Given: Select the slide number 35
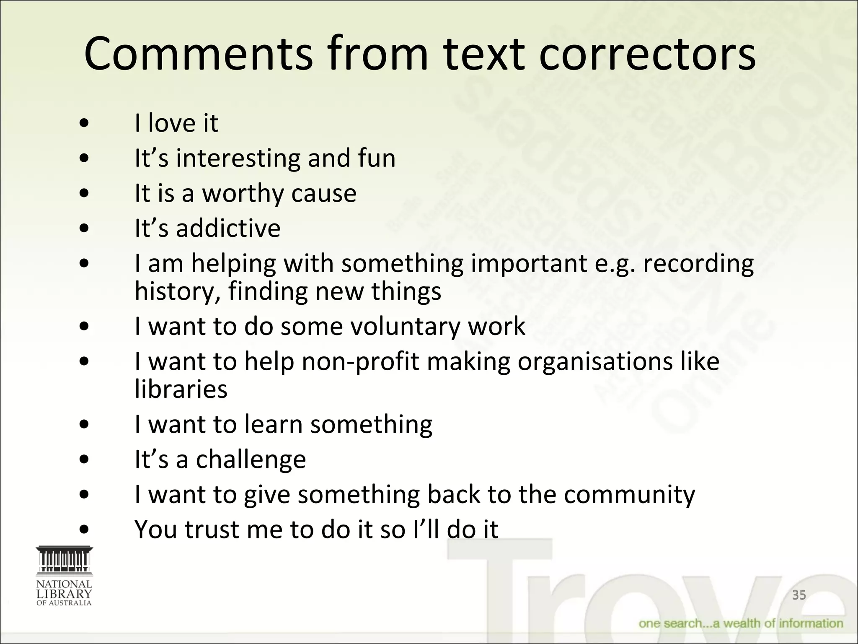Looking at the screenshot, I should pyautogui.click(x=799, y=595).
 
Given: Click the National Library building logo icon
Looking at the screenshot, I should pyautogui.click(x=64, y=560).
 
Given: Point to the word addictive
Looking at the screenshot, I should pyautogui.click(x=228, y=229).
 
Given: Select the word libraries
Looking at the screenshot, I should pyautogui.click(x=181, y=389).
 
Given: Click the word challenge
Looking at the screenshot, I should pyautogui.click(x=251, y=460).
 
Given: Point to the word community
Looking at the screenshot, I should pyautogui.click(x=629, y=495).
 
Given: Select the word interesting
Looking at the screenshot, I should pyautogui.click(x=238, y=158).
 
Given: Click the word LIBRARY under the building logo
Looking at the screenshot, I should pyautogui.click(x=64, y=594).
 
